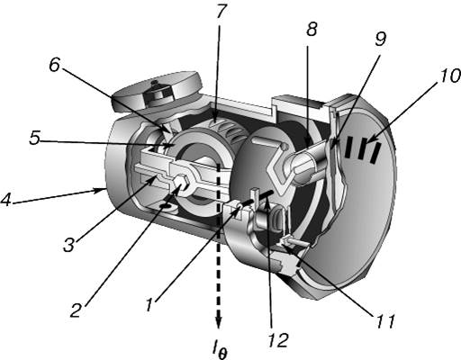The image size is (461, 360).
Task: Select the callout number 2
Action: (x=76, y=310)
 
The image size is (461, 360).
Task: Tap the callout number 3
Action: (x=68, y=245)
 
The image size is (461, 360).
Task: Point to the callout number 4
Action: (x=6, y=200)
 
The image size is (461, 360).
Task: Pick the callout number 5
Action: (x=34, y=139)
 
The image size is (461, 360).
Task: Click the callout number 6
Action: (x=54, y=66)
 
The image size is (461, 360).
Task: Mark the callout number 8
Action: (x=312, y=29)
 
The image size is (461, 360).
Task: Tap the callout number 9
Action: (x=381, y=39)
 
